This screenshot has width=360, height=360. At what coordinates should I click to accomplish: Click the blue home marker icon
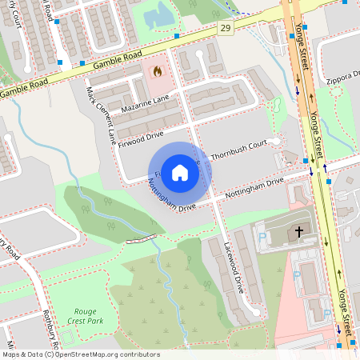pyautogui.click(x=180, y=172)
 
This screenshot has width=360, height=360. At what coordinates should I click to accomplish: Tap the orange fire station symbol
pyautogui.click(x=157, y=71)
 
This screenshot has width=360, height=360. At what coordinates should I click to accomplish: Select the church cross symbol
pyautogui.click(x=299, y=232)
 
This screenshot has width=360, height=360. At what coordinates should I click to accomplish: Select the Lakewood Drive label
pyautogui.click(x=233, y=266)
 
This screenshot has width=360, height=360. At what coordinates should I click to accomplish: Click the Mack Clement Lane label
pyautogui.click(x=101, y=111)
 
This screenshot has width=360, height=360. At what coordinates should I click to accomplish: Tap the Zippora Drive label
pyautogui.click(x=343, y=79)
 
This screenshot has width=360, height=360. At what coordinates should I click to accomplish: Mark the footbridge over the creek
pyautogui.click(x=140, y=239)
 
